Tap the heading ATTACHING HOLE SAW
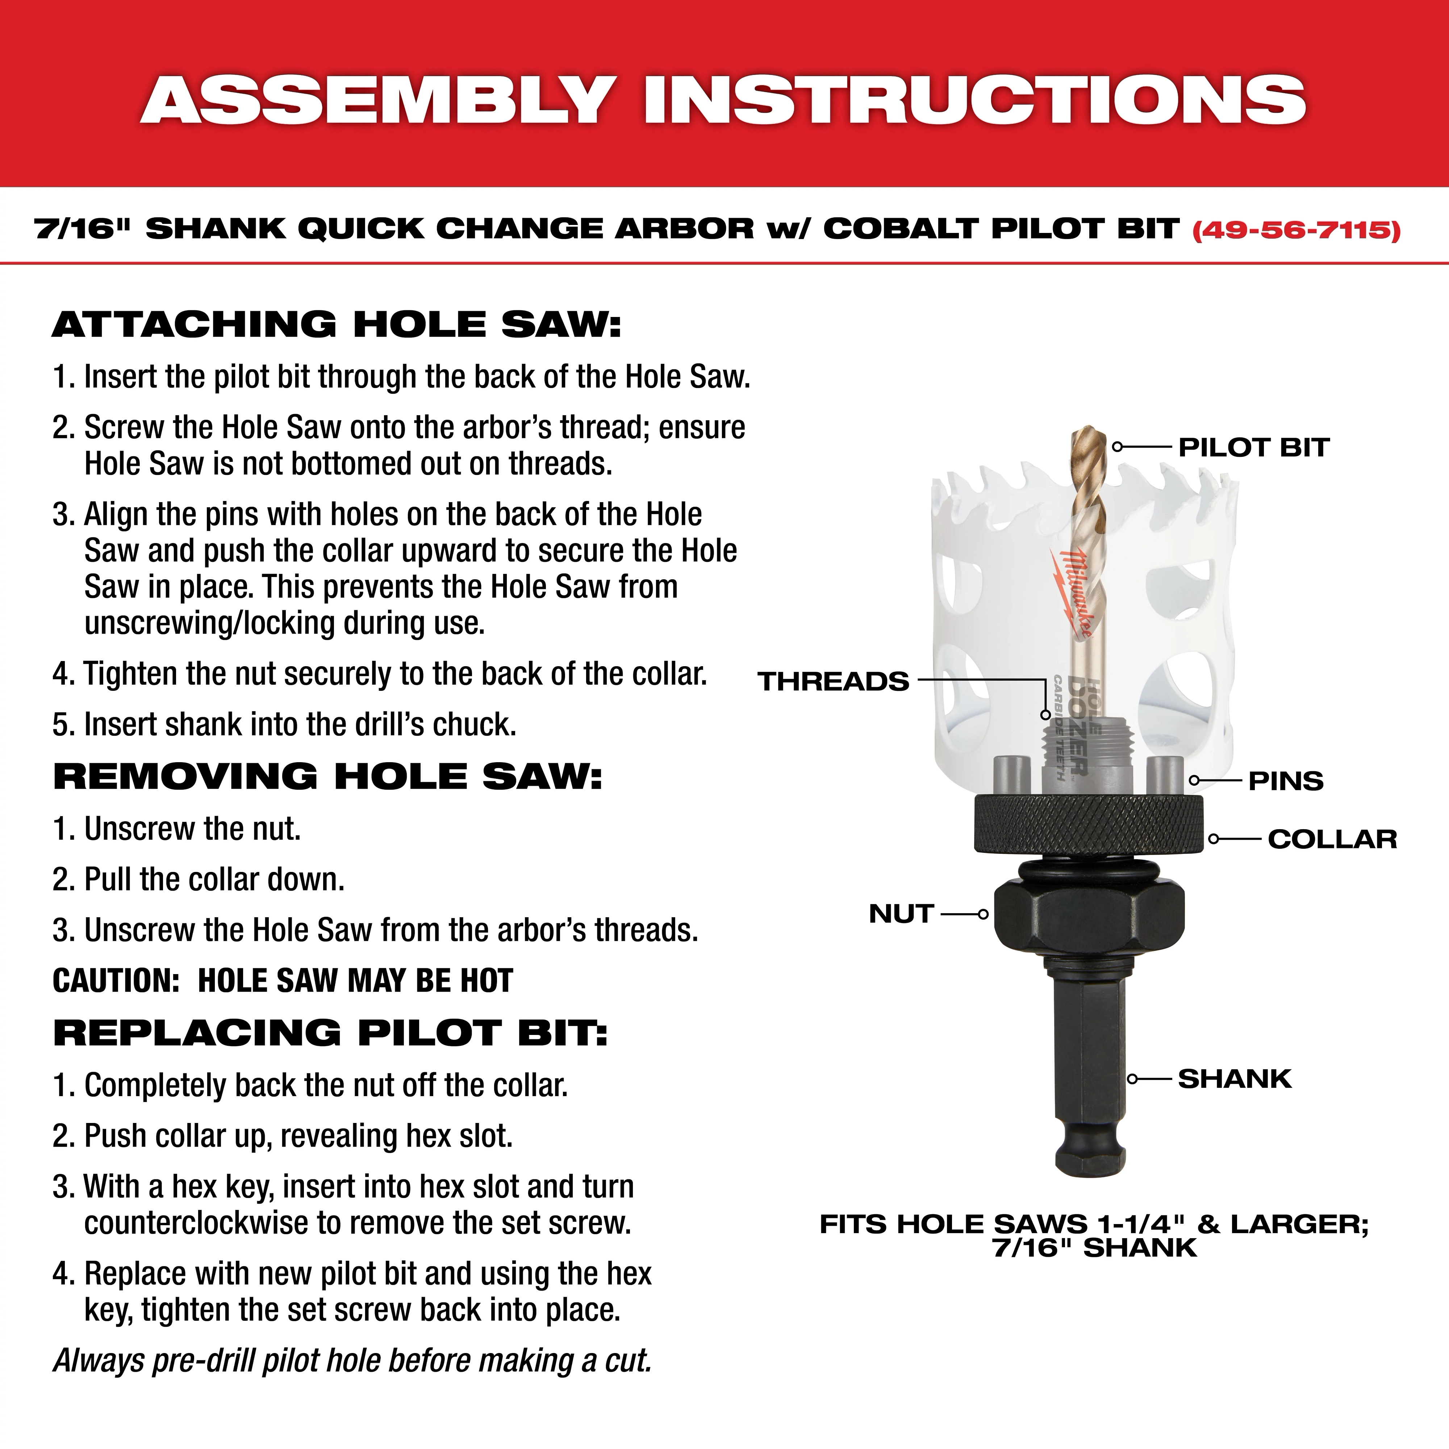coord(337,325)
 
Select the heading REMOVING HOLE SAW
coord(328,776)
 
